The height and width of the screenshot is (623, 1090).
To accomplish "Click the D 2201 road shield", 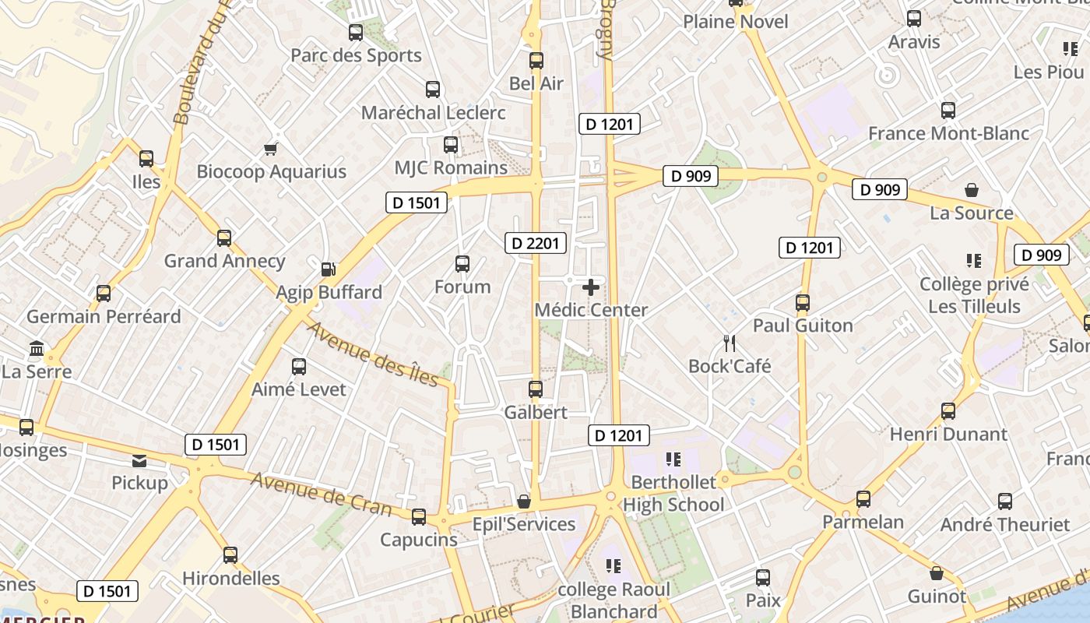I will [536, 243].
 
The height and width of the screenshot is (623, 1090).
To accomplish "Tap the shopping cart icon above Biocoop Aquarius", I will [271, 148].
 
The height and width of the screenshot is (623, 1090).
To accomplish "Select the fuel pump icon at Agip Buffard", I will [329, 269].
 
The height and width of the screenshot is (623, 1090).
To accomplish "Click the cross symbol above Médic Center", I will [591, 287].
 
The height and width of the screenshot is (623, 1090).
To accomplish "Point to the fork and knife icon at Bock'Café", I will [730, 343].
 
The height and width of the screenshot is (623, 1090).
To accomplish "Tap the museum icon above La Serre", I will [36, 348].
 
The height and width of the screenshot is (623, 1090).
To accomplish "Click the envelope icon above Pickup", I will [139, 461].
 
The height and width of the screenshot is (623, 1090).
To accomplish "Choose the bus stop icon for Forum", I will [462, 264].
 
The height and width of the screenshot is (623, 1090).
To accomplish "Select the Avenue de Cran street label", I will [321, 493].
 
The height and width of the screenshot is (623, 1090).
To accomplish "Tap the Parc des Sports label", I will [356, 55].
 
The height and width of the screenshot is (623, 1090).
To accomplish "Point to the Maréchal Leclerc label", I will [433, 112].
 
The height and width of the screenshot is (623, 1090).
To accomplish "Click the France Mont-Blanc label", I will [948, 133].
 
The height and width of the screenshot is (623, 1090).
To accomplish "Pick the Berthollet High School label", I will [673, 494].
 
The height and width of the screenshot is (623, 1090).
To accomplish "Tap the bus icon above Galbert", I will [536, 389].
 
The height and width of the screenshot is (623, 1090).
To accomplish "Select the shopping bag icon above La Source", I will [972, 190].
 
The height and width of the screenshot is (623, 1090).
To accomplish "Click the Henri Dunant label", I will [948, 434].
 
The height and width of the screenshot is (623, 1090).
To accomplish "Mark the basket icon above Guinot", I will [937, 574].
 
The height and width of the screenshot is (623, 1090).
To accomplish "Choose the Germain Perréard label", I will [104, 316].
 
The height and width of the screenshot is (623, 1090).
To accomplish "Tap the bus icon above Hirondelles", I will [230, 555].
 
